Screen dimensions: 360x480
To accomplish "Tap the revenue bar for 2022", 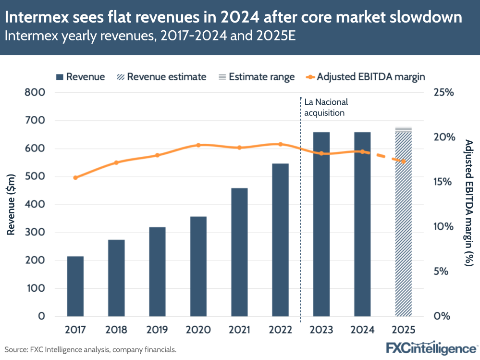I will tap(280, 240).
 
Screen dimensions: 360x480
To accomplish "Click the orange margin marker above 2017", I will tap(75, 178).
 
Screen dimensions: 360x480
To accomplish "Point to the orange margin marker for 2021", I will tap(239, 148).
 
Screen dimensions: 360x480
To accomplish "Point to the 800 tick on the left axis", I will tap(35, 93).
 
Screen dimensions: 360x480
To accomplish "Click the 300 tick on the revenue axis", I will tap(35, 233).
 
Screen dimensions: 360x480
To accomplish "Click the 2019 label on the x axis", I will tap(157, 330).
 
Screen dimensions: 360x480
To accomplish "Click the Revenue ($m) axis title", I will tap(11, 205).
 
